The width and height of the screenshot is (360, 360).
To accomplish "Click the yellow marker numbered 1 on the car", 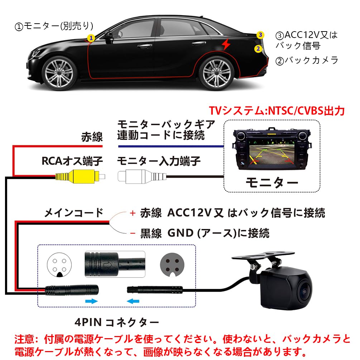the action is tap(91, 37).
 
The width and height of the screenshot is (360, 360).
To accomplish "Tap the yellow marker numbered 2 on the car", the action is tap(258, 49).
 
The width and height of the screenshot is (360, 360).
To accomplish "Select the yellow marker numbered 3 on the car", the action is tap(260, 35).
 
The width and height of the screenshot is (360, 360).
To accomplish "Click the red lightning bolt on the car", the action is tap(226, 44).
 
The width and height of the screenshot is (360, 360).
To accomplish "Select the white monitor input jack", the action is tap(136, 176).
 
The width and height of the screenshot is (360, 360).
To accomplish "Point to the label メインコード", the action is tap(73, 213).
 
